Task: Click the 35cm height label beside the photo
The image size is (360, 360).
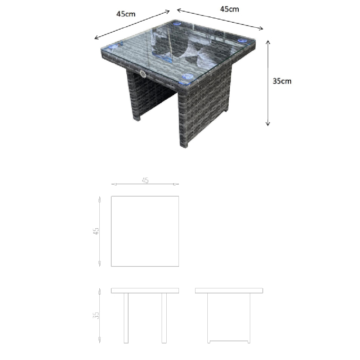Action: tap(282, 81)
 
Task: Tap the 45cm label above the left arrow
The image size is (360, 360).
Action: tap(126, 14)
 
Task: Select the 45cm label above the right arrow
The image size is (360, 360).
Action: tap(230, 9)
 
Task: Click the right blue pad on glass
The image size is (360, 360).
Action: tap(242, 41)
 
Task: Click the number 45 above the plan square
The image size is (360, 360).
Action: tap(145, 180)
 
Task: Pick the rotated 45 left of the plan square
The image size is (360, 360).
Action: tap(96, 231)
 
